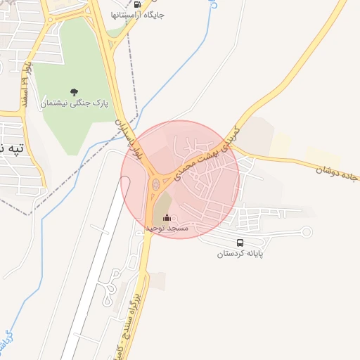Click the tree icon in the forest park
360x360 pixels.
click(x=74, y=91)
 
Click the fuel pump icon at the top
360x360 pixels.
click(x=137, y=4)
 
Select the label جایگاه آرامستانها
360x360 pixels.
click(x=138, y=14)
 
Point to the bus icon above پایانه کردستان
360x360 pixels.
click(x=240, y=243)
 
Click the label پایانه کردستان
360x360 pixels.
click(x=240, y=253)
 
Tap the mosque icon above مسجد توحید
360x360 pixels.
click(x=167, y=218)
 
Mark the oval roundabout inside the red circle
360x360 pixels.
click(x=155, y=186)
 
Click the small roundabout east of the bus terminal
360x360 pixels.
click(x=306, y=231)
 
